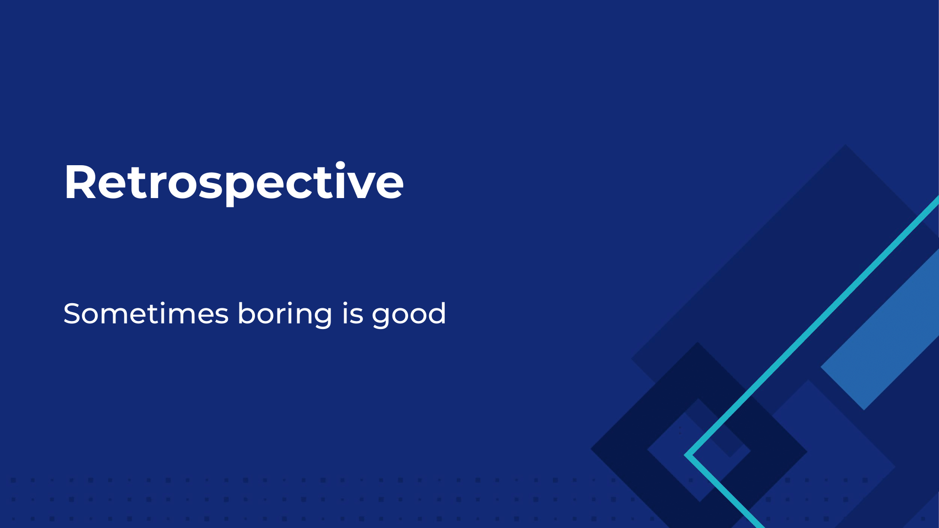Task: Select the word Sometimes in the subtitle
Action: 146,314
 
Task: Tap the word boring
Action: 285,314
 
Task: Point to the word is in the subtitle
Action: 353,314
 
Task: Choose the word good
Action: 408,314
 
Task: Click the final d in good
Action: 437,313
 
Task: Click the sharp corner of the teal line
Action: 686,455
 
